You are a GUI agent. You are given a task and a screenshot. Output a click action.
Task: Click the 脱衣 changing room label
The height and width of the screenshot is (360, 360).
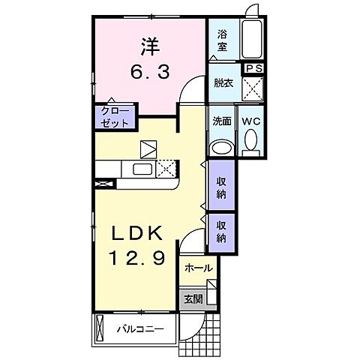pyautogui.click(x=223, y=83)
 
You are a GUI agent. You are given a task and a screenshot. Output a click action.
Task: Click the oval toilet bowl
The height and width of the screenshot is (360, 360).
pyautogui.click(x=250, y=141)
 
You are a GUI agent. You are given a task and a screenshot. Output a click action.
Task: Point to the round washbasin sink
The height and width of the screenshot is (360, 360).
pyautogui.click(x=222, y=146)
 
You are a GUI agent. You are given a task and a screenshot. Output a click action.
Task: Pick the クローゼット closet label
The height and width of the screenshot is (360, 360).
pyautogui.click(x=116, y=116)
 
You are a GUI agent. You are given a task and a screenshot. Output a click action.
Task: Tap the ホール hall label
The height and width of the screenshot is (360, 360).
pyautogui.click(x=197, y=268)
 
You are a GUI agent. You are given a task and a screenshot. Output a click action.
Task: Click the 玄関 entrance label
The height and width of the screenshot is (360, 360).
pyautogui.click(x=193, y=298)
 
